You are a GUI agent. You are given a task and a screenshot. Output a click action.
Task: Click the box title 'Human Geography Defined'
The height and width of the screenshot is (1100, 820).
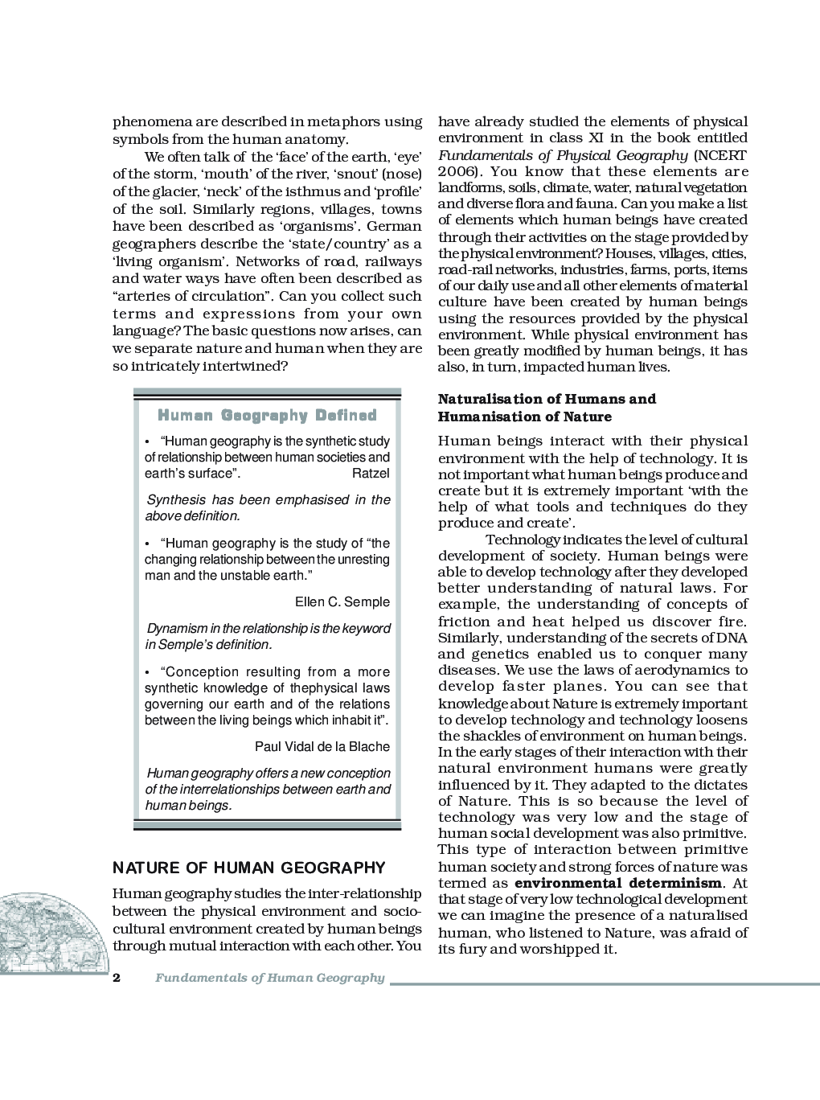[267, 416]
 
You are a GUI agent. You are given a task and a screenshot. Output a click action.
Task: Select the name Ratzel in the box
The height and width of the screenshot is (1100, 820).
[371, 474]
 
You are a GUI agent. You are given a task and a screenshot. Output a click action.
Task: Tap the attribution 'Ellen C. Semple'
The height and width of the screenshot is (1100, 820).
[342, 602]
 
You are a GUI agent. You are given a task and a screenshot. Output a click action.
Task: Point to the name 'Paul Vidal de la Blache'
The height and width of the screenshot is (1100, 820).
[322, 746]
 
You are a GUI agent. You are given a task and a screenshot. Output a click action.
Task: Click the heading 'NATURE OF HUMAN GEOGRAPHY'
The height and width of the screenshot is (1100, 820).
[249, 868]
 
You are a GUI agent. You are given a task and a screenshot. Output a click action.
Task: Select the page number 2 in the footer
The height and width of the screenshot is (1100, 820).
[117, 979]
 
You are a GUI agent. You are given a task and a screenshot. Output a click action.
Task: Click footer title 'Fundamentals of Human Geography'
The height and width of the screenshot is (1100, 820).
[270, 979]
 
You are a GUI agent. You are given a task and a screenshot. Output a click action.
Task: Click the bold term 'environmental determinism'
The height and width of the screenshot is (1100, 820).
[617, 883]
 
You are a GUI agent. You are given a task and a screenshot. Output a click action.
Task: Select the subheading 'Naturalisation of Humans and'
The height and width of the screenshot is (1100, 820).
[547, 399]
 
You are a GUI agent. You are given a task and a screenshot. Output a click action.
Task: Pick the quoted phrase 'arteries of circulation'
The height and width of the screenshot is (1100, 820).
[194, 295]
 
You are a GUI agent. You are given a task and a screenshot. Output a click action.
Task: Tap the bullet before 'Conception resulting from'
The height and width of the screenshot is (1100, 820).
[148, 672]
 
